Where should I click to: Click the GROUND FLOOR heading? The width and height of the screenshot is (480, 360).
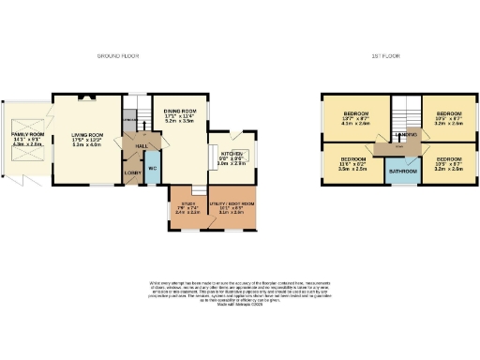[x=119, y=56]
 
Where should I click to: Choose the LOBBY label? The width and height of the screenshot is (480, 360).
[x=131, y=172]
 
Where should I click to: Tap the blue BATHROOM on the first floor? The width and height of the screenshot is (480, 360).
[x=403, y=172]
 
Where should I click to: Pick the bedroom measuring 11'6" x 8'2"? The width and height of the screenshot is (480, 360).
[x=352, y=162]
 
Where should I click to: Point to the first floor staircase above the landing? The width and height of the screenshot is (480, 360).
[x=402, y=111]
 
